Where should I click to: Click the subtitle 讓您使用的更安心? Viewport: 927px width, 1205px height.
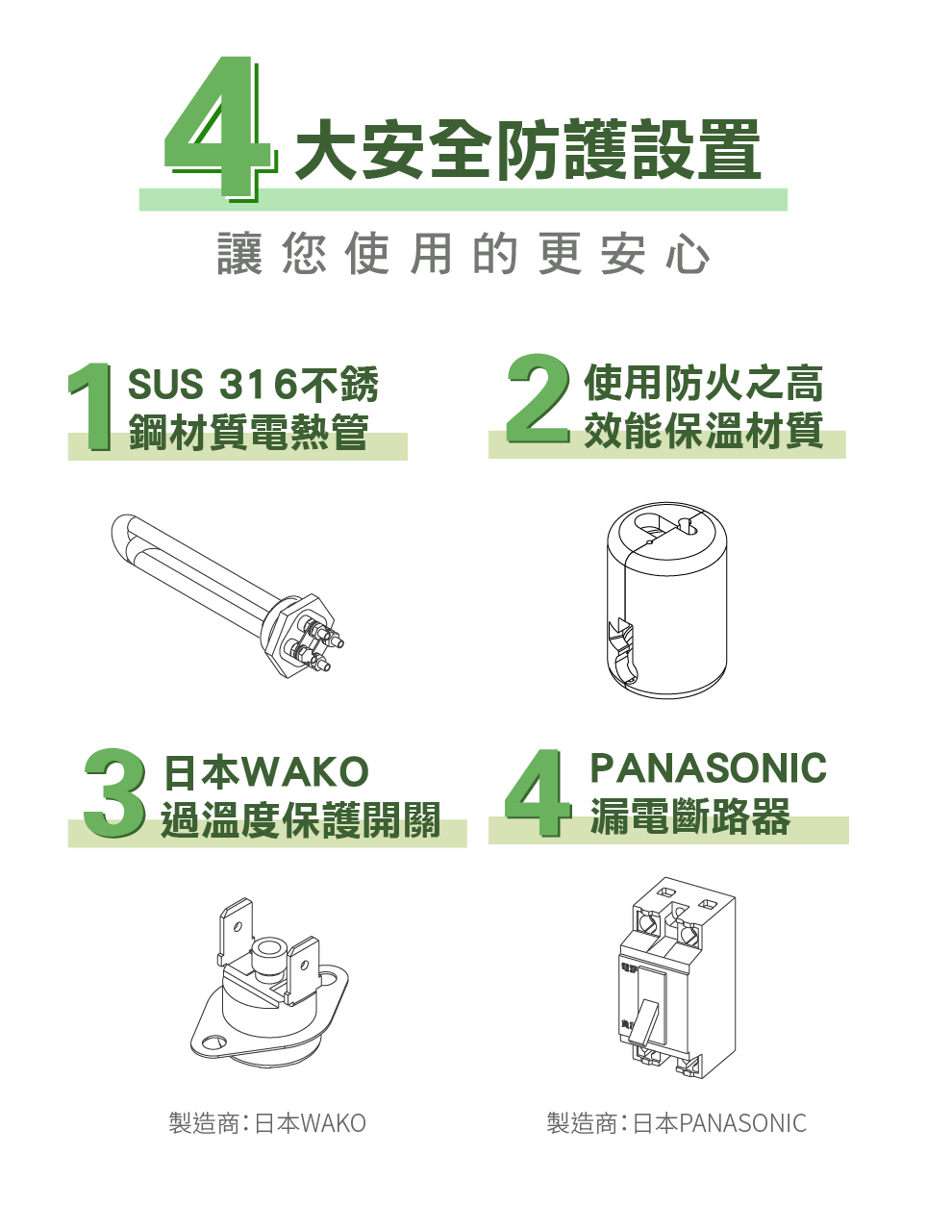pyautogui.click(x=463, y=255)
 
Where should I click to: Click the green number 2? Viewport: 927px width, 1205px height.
pyautogui.click(x=538, y=398)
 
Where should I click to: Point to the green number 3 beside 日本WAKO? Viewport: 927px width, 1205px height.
pyautogui.click(x=114, y=793)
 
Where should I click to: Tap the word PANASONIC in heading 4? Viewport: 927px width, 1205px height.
pyautogui.click(x=708, y=767)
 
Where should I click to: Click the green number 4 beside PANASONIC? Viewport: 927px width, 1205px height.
pyautogui.click(x=538, y=793)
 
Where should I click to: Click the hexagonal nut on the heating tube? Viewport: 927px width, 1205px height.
pyautogui.click(x=299, y=636)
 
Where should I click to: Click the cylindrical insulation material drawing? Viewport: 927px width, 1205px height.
pyautogui.click(x=667, y=600)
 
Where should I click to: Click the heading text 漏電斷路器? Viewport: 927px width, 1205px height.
pyautogui.click(x=689, y=816)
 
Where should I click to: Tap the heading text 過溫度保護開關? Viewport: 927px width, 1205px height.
pyautogui.click(x=301, y=819)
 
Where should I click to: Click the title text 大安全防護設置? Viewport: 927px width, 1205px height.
pyautogui.click(x=527, y=150)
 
